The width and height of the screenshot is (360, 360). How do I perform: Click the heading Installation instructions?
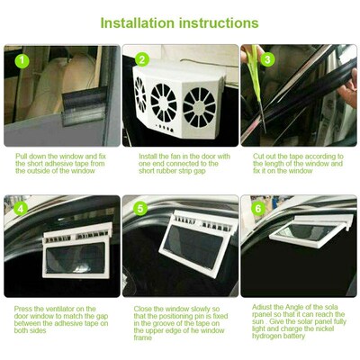(x=180, y=22)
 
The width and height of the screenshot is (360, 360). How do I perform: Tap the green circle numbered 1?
(x=22, y=62)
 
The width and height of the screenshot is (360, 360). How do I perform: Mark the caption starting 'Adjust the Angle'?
(x=297, y=328)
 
